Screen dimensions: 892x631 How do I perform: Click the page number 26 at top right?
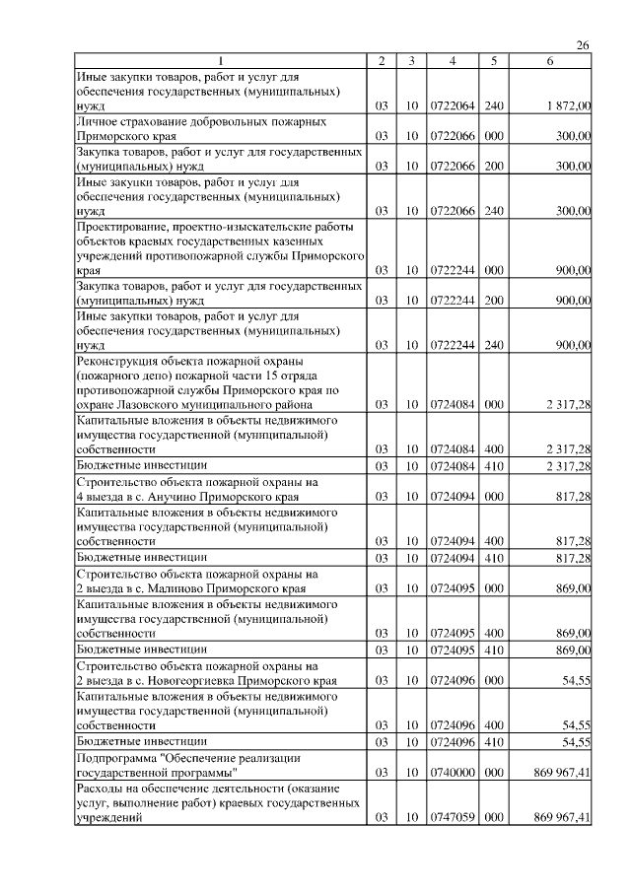[582, 45]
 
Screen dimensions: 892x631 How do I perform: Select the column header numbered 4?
[451, 61]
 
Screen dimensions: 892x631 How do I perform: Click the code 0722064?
[451, 104]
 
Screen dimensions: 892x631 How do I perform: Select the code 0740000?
[451, 773]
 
